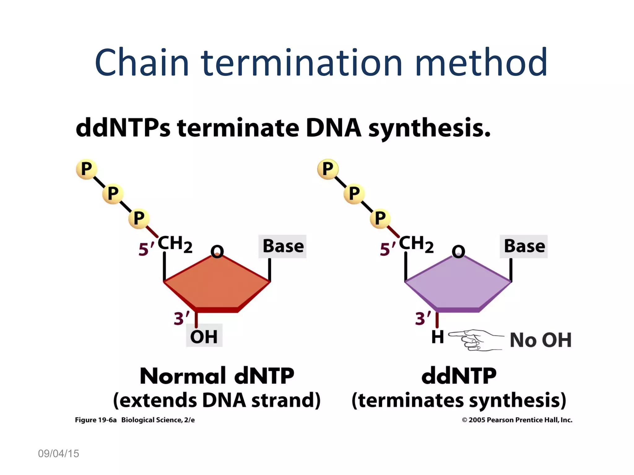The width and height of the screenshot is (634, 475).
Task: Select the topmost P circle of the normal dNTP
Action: coord(86,169)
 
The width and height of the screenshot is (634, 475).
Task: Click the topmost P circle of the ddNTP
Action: coord(328,169)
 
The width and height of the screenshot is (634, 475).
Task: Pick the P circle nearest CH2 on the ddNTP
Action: coord(380,218)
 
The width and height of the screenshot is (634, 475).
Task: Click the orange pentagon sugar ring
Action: coord(217,285)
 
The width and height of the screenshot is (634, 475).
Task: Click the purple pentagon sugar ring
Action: coord(458,285)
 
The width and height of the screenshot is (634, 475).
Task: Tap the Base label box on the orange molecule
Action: coord(283,246)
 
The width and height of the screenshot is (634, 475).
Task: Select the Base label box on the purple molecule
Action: coord(524,246)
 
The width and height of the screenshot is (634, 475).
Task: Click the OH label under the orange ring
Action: coord(204,336)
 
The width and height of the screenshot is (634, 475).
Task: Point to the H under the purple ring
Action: coord(437,337)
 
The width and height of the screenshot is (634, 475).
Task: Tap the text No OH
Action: coord(540,340)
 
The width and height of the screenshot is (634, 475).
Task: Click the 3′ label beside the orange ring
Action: coord(181,318)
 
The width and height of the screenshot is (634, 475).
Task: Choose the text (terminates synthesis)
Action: coord(459,400)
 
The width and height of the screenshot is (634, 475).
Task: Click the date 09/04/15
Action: coord(59,454)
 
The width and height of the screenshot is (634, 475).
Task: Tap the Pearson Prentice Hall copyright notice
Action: coord(517,420)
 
